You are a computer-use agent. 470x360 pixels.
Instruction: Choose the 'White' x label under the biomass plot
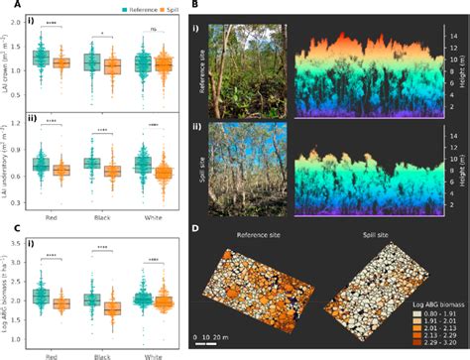[x=148, y=352]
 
